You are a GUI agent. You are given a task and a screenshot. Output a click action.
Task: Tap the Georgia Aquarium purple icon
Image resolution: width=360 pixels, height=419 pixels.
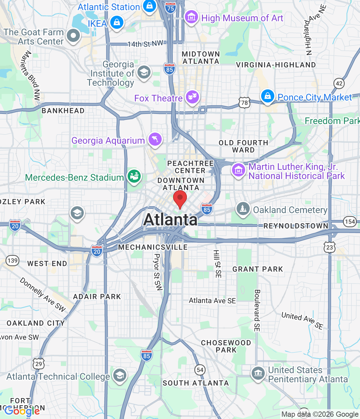click(x=155, y=139)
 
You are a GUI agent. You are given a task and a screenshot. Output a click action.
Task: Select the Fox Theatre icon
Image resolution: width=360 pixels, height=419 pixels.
click(x=192, y=97)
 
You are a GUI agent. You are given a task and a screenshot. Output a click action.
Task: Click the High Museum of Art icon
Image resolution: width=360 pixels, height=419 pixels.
click(x=191, y=17)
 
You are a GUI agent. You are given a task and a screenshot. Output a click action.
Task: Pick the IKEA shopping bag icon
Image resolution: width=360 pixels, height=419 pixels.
click(x=117, y=23)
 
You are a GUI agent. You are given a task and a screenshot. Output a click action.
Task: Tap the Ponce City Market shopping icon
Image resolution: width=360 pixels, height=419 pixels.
click(x=267, y=96)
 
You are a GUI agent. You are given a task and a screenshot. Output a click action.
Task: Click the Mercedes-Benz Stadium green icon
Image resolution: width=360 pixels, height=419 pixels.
click(x=134, y=176)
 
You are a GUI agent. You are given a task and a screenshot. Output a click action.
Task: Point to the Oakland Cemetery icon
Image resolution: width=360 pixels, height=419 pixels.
click(x=243, y=209)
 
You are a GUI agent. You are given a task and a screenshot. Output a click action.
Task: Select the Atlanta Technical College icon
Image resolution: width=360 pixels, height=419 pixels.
click(x=120, y=375)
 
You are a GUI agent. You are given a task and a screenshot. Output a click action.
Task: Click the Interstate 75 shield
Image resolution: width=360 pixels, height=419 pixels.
click(x=171, y=8)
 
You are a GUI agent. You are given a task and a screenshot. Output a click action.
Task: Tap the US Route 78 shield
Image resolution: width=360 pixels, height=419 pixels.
click(x=244, y=103)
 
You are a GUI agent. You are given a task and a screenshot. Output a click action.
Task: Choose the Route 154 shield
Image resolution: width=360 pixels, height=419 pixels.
click(x=350, y=222)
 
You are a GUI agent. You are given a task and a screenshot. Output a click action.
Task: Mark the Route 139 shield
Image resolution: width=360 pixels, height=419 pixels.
click(x=12, y=261)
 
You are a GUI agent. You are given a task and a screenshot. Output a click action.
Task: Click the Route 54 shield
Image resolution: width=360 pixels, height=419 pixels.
click(x=200, y=370)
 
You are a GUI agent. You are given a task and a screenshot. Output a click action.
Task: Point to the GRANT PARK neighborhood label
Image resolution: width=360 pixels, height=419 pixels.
click(x=258, y=269)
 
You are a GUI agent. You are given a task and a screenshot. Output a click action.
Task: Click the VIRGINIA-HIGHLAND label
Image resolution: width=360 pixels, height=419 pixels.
click(x=276, y=65)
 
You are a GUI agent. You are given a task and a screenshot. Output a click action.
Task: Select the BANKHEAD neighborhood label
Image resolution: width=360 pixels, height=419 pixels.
click(x=63, y=111)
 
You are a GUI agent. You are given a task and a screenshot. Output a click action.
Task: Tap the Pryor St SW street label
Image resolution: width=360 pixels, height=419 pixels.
click(x=158, y=272)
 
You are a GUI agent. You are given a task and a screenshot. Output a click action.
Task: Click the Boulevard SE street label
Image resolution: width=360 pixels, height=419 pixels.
click(x=257, y=310)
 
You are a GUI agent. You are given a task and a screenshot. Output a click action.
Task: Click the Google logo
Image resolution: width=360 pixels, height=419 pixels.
click(x=22, y=411)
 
